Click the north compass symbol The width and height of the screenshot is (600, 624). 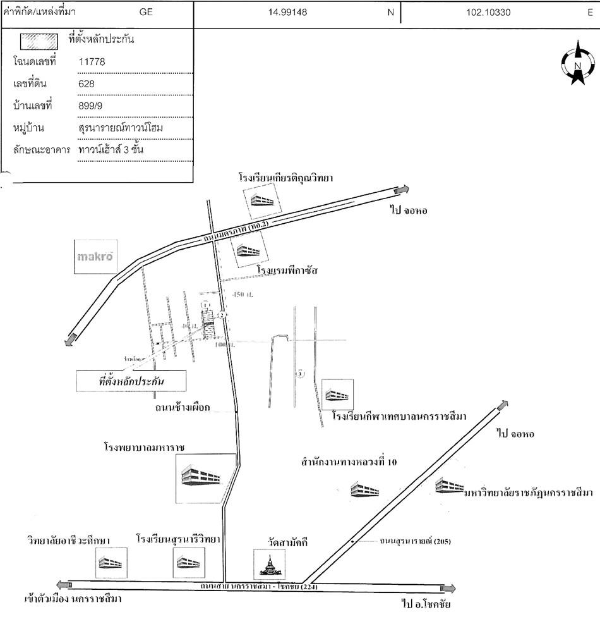click(577, 63)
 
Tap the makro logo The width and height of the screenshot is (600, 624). click(95, 257)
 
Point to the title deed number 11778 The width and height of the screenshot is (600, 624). click(92, 61)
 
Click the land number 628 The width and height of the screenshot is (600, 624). click(85, 83)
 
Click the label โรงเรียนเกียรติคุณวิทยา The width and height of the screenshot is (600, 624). click(285, 178)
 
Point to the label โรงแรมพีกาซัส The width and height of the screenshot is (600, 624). click(287, 271)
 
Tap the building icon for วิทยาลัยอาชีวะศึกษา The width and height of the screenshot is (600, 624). click(112, 563)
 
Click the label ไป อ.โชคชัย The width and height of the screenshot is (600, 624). click(426, 604)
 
